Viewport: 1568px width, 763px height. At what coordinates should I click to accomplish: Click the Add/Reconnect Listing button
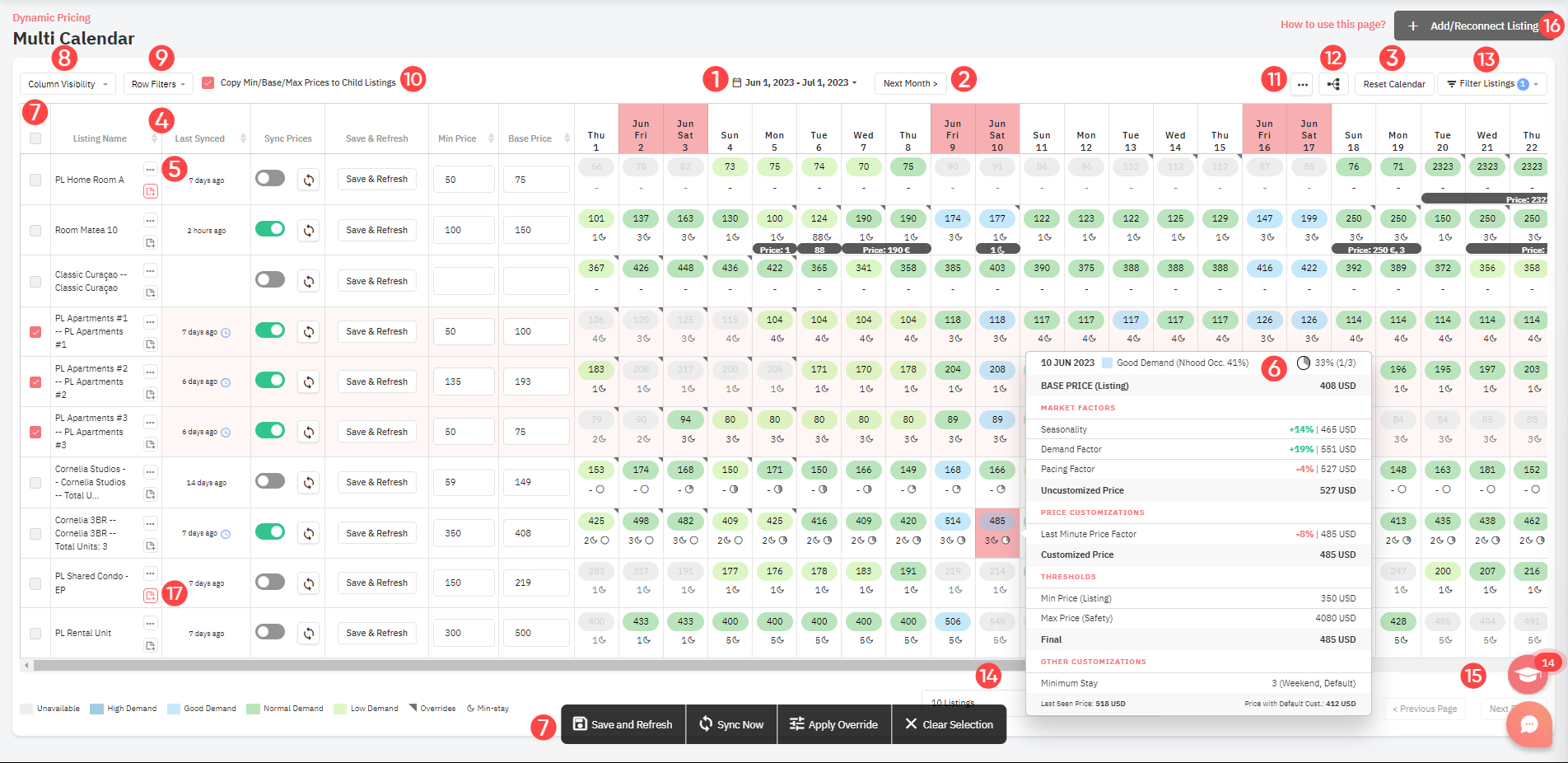click(1474, 26)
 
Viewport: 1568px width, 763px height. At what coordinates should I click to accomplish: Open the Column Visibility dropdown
click(68, 84)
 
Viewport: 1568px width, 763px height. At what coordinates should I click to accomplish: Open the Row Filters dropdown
click(158, 84)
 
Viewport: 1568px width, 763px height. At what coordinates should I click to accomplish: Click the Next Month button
click(910, 83)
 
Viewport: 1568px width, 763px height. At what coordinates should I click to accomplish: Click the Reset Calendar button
click(1393, 84)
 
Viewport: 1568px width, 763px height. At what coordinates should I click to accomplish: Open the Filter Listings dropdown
click(1491, 84)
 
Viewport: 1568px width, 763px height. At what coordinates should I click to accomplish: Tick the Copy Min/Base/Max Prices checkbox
click(208, 82)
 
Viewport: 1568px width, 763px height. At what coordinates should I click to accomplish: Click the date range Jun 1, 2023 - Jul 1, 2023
click(796, 83)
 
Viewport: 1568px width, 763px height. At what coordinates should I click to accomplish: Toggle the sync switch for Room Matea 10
click(270, 229)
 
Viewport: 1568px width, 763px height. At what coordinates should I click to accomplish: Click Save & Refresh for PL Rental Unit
click(376, 633)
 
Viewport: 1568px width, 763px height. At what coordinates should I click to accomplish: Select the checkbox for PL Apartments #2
click(35, 382)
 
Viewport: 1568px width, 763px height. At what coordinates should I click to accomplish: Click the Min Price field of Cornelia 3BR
click(463, 533)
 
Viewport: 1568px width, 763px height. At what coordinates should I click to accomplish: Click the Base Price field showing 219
click(535, 583)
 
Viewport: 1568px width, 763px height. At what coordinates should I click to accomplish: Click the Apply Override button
click(833, 724)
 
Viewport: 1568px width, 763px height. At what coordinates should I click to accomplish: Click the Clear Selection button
click(949, 724)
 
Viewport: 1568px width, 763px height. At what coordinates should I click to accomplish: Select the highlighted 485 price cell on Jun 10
click(997, 522)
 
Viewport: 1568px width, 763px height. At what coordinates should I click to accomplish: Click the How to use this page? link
click(1332, 25)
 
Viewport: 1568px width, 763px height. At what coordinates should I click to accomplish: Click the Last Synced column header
click(199, 138)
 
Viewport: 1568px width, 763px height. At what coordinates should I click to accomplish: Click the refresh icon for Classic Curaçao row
click(309, 282)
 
